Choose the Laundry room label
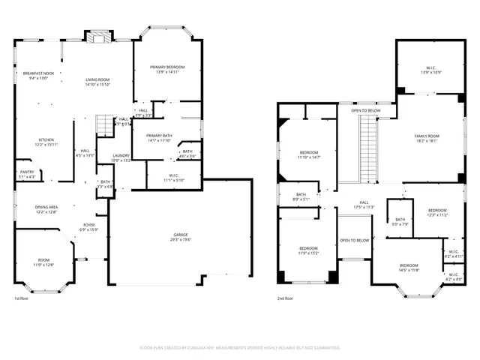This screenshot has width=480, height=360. click(x=121, y=157)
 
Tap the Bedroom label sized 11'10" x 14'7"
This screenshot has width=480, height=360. click(x=310, y=154)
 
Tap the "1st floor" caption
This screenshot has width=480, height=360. click(x=22, y=298)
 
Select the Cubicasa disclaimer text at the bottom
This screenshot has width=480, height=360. click(x=240, y=348)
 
